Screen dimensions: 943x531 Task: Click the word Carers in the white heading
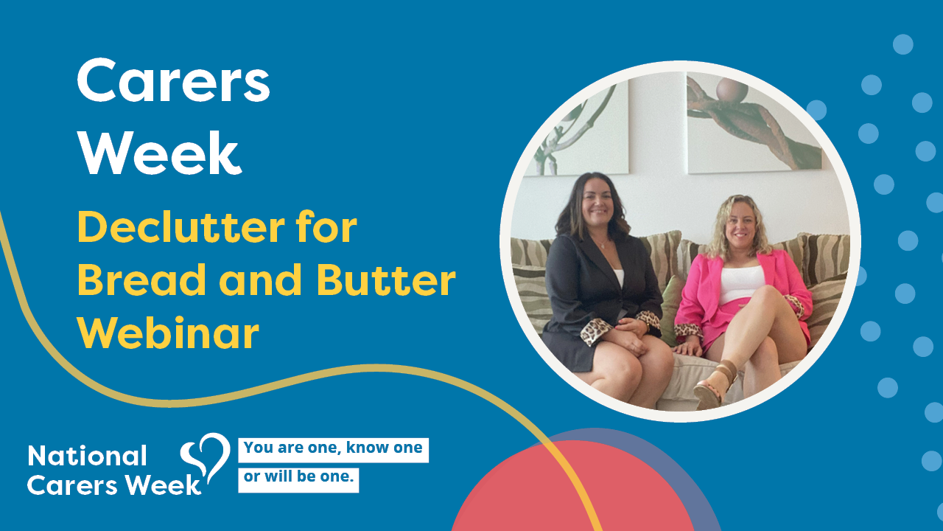pos(173,80)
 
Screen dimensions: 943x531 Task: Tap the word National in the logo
pos(87,456)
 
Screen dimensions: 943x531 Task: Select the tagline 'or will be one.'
pos(298,477)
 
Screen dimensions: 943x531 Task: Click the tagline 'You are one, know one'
pos(333,448)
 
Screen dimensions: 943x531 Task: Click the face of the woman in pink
pos(740,226)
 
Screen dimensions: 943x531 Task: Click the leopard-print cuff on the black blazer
pos(596,331)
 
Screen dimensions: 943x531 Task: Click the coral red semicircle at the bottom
pos(572,489)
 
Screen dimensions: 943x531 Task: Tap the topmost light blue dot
pos(903,44)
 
